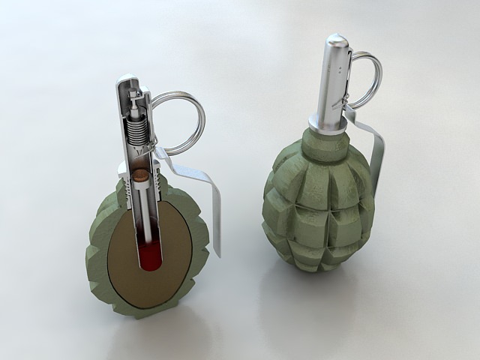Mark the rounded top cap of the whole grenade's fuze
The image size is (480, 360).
click(334, 42)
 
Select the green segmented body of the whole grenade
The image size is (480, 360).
click(315, 202)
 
